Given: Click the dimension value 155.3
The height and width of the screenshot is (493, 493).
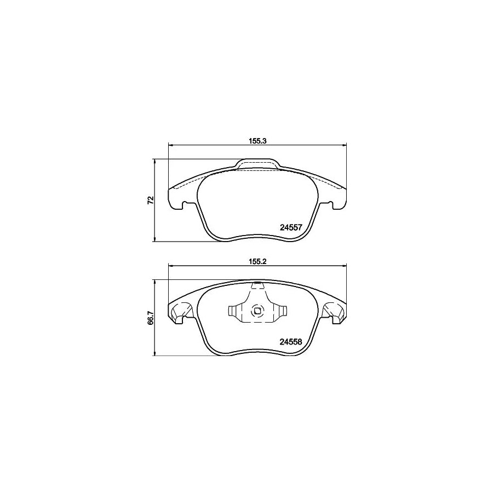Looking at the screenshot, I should (x=257, y=141).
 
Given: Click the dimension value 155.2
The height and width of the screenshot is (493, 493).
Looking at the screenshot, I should (x=257, y=262).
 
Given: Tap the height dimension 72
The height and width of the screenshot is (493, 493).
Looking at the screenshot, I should (x=150, y=200).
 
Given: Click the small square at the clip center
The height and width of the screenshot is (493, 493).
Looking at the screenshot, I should (x=257, y=312).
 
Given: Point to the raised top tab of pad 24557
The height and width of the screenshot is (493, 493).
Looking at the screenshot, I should (x=257, y=164).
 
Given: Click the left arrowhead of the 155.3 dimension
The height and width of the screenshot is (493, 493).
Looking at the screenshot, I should (x=169, y=145).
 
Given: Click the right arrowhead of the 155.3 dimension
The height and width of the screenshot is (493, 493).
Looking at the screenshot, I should (x=345, y=145).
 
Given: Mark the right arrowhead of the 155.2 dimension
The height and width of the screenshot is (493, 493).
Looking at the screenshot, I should (x=345, y=266).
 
